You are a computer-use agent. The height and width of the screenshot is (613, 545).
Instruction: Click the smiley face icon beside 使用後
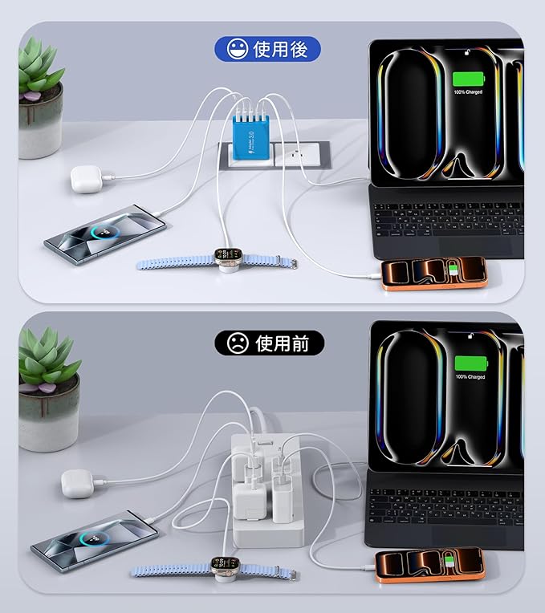click(x=237, y=50)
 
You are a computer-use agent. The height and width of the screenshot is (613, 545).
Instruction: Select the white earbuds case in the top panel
click(x=84, y=178)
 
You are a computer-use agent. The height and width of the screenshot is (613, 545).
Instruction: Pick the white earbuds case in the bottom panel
click(x=77, y=484)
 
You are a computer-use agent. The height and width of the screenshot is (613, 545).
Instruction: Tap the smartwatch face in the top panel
click(x=227, y=259)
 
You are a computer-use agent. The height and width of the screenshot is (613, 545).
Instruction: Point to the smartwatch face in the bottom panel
click(x=221, y=566)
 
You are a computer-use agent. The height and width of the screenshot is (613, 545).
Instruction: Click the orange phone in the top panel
click(x=433, y=273)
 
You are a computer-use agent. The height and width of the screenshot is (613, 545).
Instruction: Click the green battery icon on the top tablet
click(x=470, y=79)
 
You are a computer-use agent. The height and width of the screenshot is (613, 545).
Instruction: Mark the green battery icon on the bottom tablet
click(x=470, y=363)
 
